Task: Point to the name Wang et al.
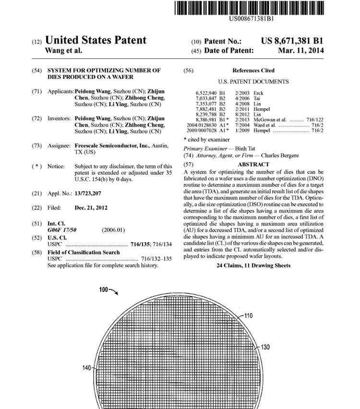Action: point(63,50)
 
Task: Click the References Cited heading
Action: point(253,70)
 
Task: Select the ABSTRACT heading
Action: point(253,164)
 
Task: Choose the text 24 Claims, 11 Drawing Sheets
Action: point(253,265)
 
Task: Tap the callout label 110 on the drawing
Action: point(248,316)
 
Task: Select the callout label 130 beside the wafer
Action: point(265,347)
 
